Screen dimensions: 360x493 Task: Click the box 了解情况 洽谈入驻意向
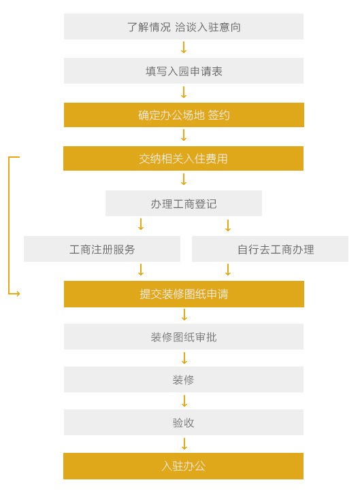click(184, 27)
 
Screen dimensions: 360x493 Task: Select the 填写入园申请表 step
click(184, 71)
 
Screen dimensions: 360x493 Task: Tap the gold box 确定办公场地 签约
click(184, 115)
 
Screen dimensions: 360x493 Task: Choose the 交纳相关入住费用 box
click(184, 158)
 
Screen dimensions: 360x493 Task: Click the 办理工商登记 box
click(184, 203)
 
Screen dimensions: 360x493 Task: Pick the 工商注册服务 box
click(102, 249)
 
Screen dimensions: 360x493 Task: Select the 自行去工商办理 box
click(270, 249)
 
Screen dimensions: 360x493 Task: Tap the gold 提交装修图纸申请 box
click(184, 294)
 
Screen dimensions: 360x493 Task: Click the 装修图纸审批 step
click(184, 337)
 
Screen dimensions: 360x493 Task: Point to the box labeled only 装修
click(184, 379)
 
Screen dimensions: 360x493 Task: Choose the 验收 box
click(184, 422)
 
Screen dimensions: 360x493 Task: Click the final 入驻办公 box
click(184, 466)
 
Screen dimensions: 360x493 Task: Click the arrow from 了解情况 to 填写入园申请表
click(184, 48)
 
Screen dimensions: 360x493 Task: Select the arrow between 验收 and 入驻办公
click(184, 444)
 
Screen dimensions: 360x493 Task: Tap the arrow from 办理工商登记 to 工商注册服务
click(141, 224)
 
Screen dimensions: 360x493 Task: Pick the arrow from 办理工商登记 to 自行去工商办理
click(228, 226)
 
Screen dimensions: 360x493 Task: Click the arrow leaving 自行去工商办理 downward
click(228, 270)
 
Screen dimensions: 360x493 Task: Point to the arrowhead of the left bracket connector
click(18, 294)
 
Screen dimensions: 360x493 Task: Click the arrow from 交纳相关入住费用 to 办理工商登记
click(184, 180)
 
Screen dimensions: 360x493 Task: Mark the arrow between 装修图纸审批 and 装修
click(184, 358)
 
